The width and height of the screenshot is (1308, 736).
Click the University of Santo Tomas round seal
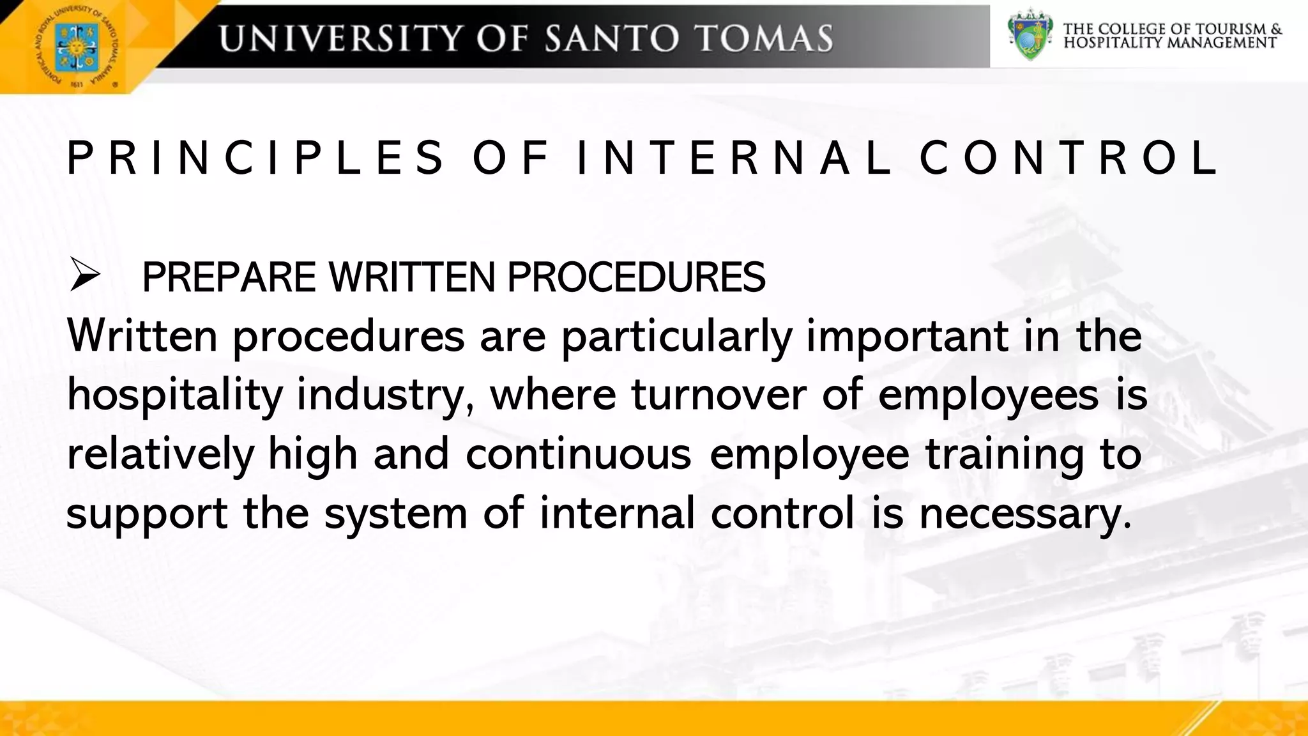76,47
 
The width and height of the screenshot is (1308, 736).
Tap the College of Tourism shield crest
1029,34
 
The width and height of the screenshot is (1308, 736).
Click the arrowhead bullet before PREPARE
85,276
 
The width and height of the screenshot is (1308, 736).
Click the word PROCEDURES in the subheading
636,277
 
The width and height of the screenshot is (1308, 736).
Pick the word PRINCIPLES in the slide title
255,158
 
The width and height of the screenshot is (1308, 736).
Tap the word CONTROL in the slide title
1068,158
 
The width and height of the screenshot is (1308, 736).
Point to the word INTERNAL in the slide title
734,158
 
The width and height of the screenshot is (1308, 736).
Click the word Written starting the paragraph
142,335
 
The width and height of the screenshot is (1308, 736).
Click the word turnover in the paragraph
719,394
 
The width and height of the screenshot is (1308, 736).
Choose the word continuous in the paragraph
578,454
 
